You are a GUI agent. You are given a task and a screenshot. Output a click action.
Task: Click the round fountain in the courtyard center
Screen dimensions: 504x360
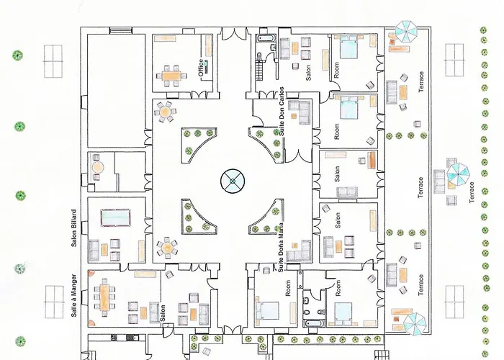pyautogui.click(x=233, y=181)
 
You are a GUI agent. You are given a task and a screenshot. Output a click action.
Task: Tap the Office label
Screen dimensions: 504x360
pyautogui.click(x=201, y=68)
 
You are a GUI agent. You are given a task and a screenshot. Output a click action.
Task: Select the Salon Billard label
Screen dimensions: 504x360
pyautogui.click(x=74, y=228)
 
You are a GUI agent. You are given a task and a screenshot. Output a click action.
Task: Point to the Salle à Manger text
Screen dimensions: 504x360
pyautogui.click(x=74, y=295)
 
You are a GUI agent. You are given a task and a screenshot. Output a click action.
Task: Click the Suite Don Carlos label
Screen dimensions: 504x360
pyautogui.click(x=282, y=111)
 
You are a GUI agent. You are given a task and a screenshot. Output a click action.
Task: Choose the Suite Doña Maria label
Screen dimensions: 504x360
pyautogui.click(x=282, y=247)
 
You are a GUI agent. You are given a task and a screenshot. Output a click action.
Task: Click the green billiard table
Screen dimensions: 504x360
pyautogui.click(x=115, y=217)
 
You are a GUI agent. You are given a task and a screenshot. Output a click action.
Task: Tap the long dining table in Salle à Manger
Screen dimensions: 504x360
pyautogui.click(x=104, y=297)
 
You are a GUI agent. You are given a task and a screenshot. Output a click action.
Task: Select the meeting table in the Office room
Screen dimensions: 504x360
pyautogui.click(x=171, y=76)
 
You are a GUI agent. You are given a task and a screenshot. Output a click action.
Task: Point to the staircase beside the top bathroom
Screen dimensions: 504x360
pyautogui.click(x=259, y=69)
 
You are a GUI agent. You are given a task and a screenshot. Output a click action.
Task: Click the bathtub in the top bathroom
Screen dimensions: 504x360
pyautogui.click(x=266, y=38)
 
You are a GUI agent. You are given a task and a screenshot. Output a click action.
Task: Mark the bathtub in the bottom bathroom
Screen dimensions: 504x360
pyautogui.click(x=314, y=323)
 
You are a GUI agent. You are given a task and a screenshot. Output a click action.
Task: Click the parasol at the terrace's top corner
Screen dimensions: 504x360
pyautogui.click(x=406, y=31)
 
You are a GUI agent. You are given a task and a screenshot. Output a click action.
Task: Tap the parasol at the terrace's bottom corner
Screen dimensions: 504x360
pyautogui.click(x=414, y=324)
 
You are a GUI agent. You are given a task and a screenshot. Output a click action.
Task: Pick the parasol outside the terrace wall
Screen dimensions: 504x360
pyautogui.click(x=458, y=175)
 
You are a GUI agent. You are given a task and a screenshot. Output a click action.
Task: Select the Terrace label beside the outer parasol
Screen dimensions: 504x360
pyautogui.click(x=472, y=192)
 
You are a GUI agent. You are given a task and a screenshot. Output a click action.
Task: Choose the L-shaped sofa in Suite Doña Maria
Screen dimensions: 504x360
pyautogui.click(x=300, y=251)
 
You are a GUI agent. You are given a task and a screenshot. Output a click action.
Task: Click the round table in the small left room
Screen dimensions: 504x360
pyautogui.click(x=98, y=168)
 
